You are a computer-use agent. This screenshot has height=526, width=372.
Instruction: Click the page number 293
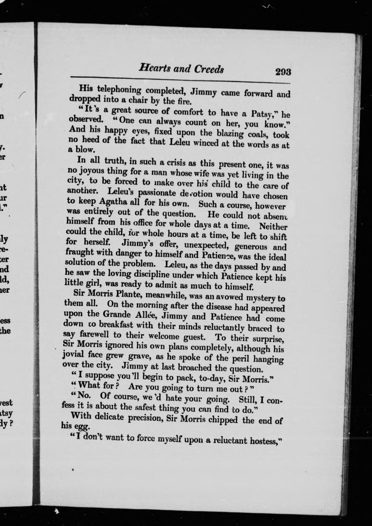point(283,72)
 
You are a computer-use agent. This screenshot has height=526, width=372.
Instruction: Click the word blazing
point(228,133)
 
